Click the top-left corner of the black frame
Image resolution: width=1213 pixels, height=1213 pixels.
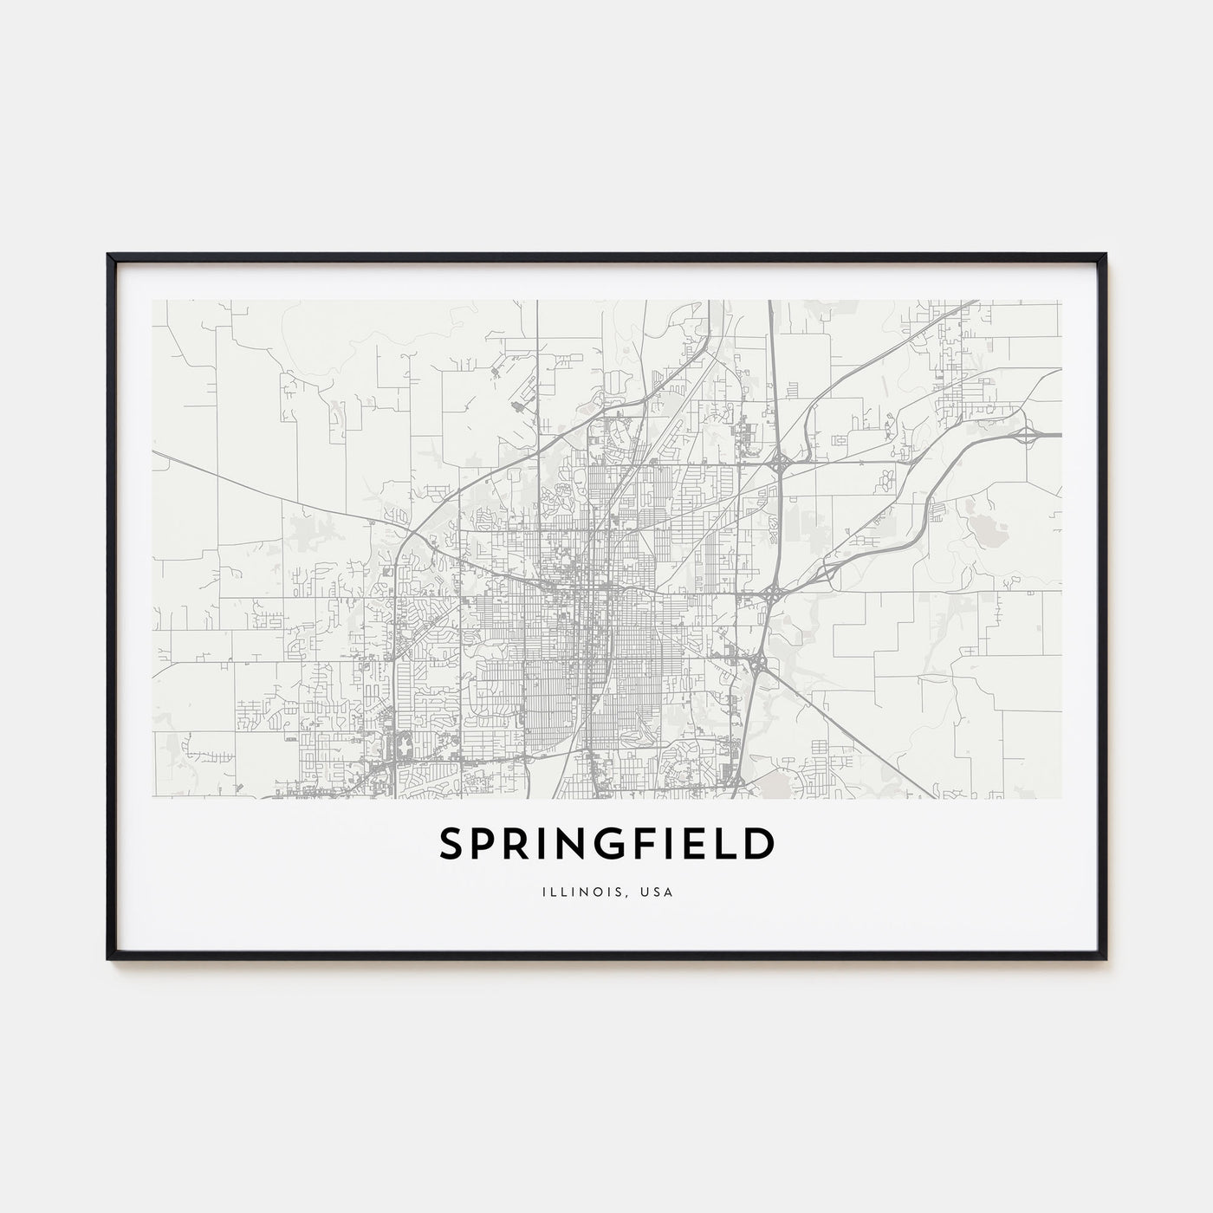[x=109, y=256]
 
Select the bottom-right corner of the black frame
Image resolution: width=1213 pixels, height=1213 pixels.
[x=1105, y=958]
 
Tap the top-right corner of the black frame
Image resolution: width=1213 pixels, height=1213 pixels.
[x=1105, y=256]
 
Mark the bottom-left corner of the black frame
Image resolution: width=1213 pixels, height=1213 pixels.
[x=109, y=958]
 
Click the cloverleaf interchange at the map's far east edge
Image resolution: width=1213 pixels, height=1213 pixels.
[x=1028, y=434]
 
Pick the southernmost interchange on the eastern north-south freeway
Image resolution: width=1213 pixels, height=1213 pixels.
[x=758, y=664]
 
